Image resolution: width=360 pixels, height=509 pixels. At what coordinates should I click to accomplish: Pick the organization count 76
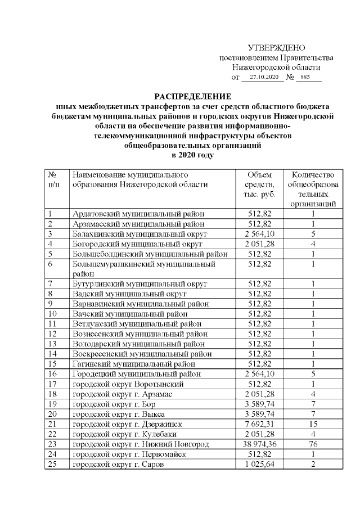pyautogui.click(x=313, y=444)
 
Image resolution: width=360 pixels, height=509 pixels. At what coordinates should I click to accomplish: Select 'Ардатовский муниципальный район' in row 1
pyautogui.click(x=138, y=213)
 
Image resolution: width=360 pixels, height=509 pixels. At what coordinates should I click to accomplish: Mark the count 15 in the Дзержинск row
pyautogui.click(x=313, y=424)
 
